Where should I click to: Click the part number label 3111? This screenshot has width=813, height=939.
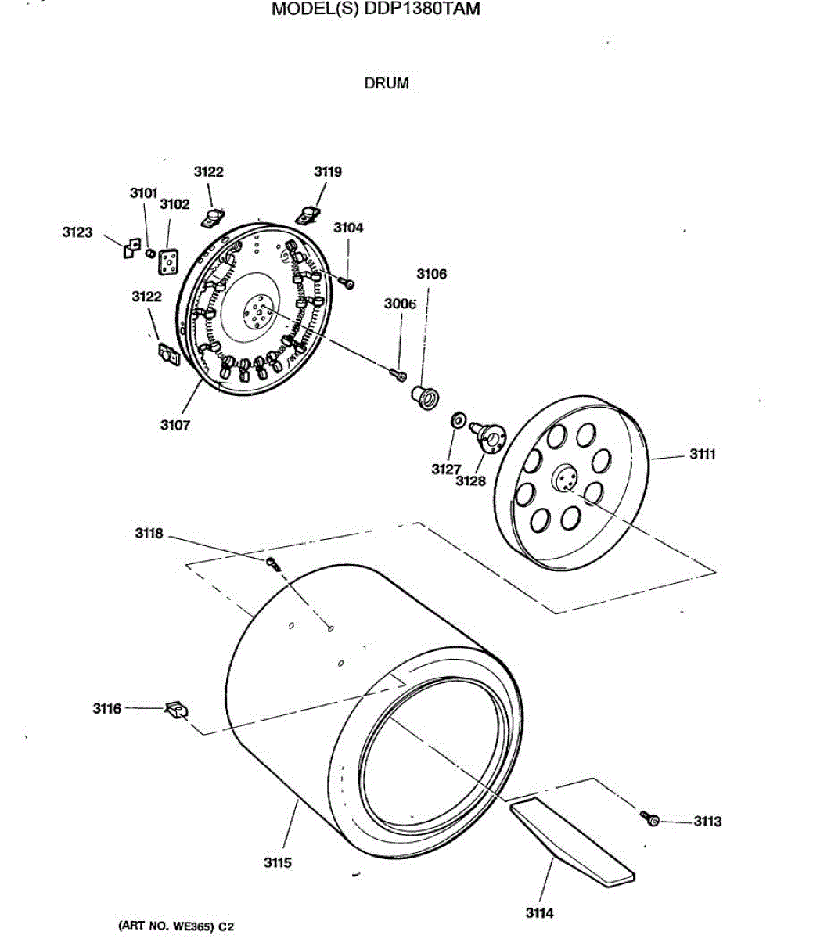click(702, 455)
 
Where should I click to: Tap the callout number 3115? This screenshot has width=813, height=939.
click(277, 862)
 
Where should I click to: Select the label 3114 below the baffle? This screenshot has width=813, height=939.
click(539, 913)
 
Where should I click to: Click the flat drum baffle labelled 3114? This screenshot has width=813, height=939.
click(571, 841)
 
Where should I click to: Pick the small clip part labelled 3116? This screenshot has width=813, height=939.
click(175, 709)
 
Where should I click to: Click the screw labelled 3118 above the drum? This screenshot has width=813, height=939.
click(272, 563)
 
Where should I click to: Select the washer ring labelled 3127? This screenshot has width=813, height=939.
click(457, 420)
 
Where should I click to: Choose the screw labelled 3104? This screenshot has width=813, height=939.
click(348, 281)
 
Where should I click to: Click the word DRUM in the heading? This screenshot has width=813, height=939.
click(386, 83)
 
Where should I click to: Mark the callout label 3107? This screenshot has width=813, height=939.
click(175, 425)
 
